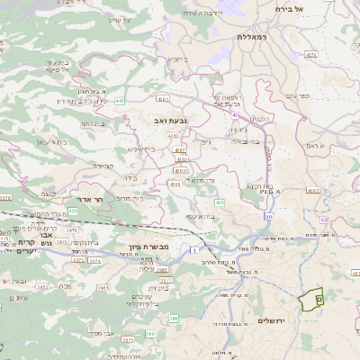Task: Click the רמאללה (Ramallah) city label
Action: point(253,37)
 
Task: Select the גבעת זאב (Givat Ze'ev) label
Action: point(169,117)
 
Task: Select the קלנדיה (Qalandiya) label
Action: point(259,118)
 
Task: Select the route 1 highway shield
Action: point(193,248)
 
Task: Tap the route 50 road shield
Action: point(268,217)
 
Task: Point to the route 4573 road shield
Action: point(311,55)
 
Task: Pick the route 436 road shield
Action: point(220,203)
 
